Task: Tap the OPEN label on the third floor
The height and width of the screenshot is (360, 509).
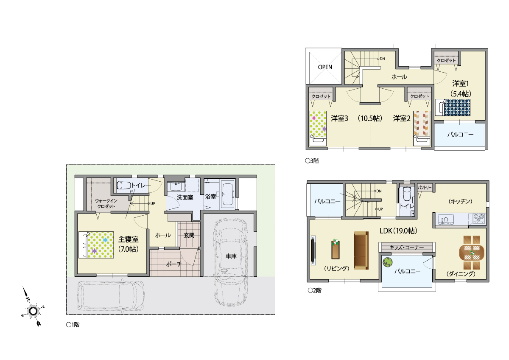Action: pos(325,67)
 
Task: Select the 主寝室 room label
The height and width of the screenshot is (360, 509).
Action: pos(129,239)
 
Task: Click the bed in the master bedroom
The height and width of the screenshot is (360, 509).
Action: pos(96,245)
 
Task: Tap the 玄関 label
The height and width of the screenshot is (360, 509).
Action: pos(189,235)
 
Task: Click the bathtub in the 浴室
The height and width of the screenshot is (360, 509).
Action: pos(228,194)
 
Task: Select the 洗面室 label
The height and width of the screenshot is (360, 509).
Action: pos(185,197)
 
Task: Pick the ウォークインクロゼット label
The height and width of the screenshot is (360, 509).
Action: pos(106,203)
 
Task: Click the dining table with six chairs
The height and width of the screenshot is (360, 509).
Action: pos(472,253)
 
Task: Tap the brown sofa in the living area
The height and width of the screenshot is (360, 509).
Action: pos(361,250)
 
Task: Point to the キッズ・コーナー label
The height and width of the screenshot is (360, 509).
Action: pos(407,247)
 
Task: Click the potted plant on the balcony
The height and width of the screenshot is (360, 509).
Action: pos(388,262)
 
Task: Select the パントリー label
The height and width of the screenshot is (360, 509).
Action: pos(425,188)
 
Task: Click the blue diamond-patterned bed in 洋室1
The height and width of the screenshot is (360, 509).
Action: pos(453,107)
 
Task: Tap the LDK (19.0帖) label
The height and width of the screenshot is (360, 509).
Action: pos(399,231)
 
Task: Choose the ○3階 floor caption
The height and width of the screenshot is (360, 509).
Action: pos(312,161)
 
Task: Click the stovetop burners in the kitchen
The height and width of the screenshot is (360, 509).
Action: pos(479,219)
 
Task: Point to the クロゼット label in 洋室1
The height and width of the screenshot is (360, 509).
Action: pos(446,60)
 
